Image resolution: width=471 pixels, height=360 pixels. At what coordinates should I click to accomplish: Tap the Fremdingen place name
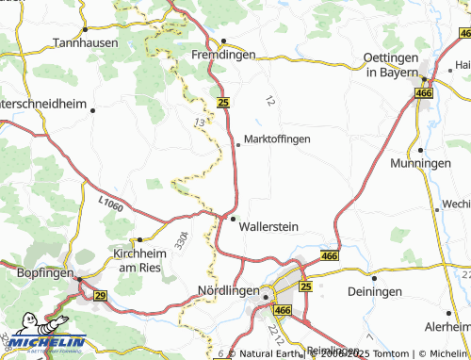[x=224, y=57]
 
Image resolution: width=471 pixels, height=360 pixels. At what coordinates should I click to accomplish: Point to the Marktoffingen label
[x=277, y=139]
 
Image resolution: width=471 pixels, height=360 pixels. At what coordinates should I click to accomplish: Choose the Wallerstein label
[x=269, y=227]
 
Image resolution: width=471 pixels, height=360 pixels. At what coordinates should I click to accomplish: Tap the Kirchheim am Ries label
[x=138, y=261]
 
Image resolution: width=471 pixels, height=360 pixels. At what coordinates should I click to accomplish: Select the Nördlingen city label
[x=228, y=292]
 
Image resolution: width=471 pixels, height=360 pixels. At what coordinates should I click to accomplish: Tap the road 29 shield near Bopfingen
[x=100, y=296]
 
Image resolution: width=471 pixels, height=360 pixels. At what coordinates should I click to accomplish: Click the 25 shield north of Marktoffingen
[x=223, y=102]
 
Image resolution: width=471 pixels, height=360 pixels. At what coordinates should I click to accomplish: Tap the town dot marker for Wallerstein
[x=234, y=219]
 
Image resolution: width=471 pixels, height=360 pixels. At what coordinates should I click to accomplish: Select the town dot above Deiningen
[x=374, y=279]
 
